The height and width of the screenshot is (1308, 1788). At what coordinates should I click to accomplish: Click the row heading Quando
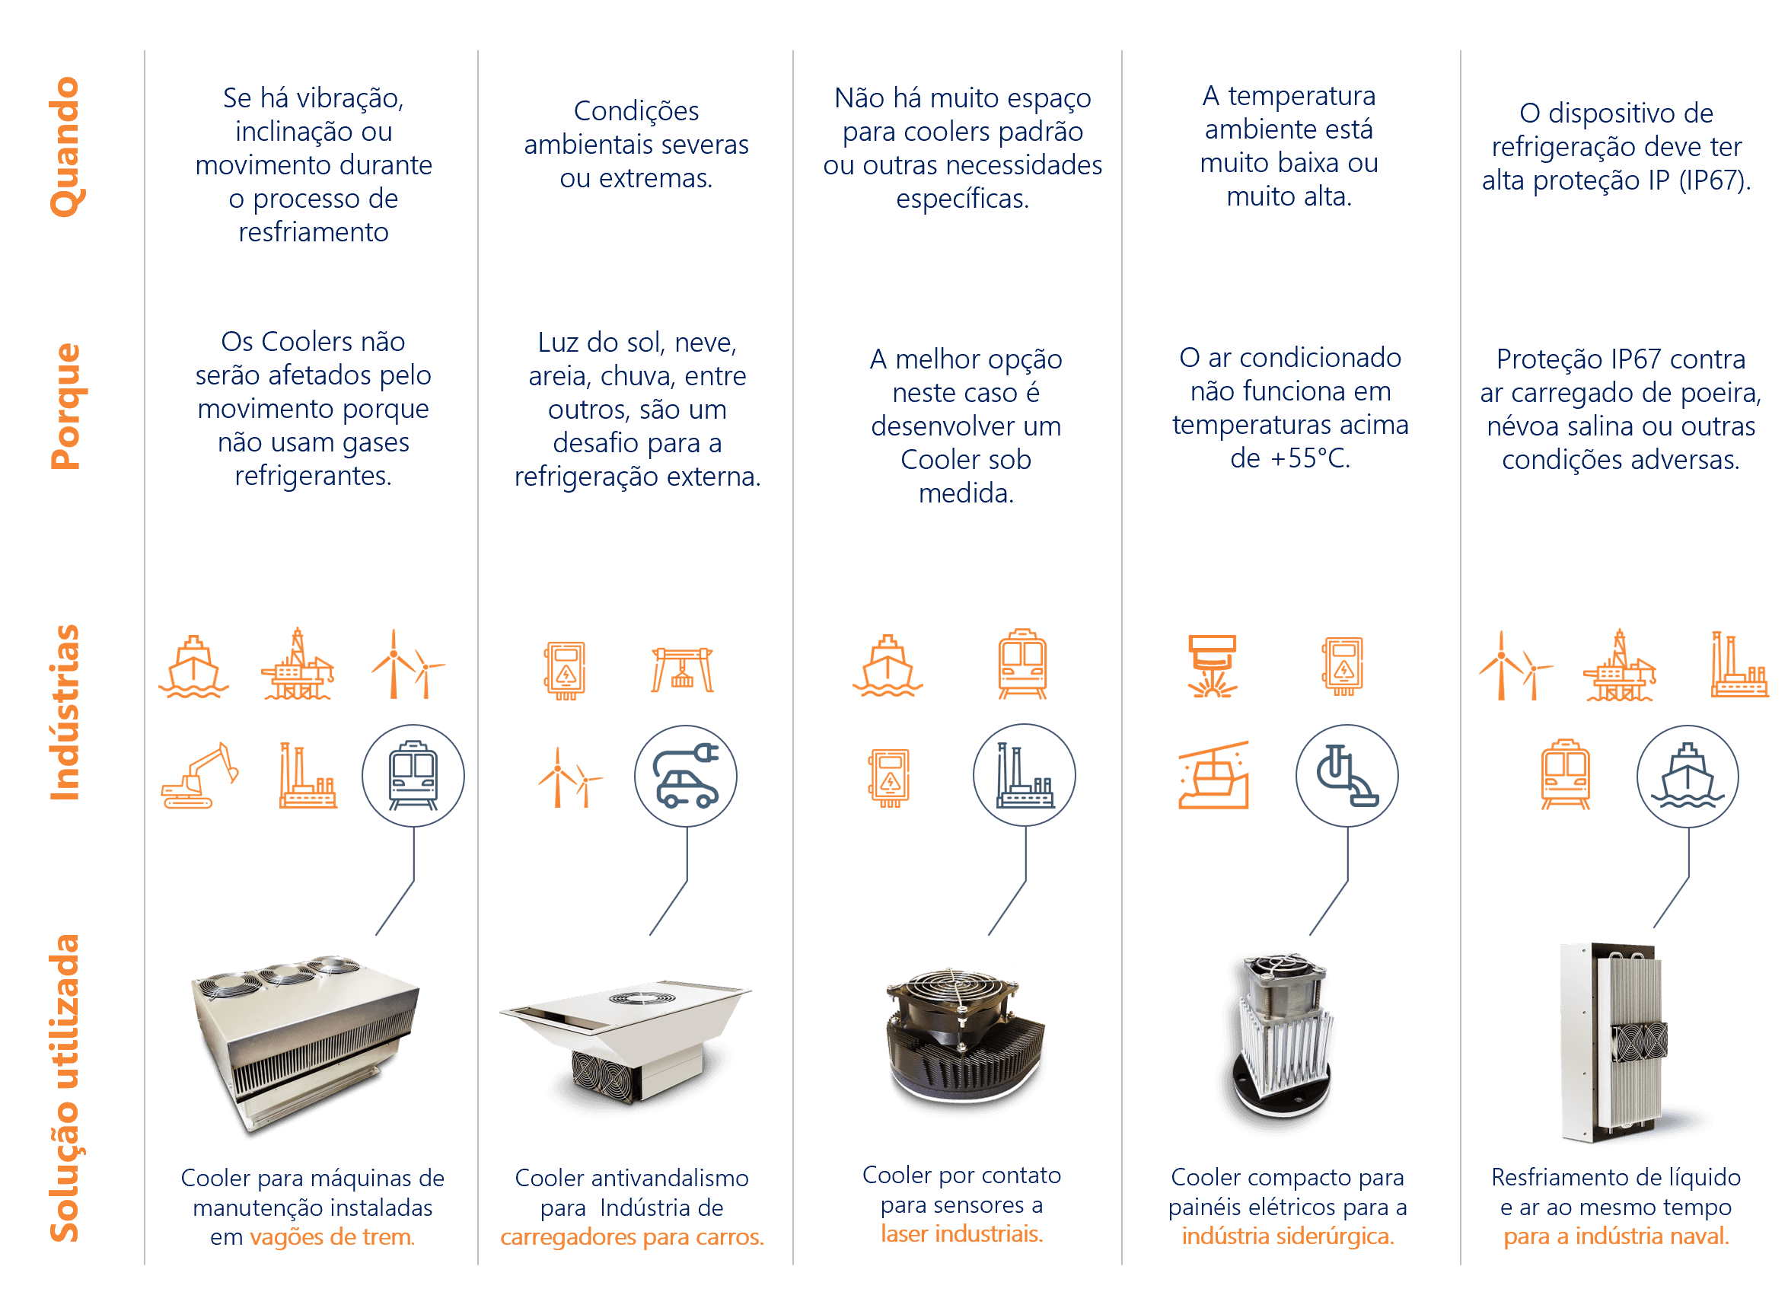pos(66,147)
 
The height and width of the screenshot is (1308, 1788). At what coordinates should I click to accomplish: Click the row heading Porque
pos(66,406)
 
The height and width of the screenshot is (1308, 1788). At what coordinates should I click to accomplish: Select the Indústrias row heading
pos(65,713)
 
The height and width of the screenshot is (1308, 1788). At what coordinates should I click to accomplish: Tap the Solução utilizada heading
pos(65,1088)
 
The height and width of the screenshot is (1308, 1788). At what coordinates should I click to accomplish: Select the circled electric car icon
pos(686,776)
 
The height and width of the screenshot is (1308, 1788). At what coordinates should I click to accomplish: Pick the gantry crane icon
pos(682,670)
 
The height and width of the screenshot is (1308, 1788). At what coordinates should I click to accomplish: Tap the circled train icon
pos(413,776)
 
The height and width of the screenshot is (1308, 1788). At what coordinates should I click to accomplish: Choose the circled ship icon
pos(1688,776)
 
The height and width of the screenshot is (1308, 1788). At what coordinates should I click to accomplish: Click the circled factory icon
pos(1025,776)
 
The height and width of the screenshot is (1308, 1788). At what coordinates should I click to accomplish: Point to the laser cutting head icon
pos(1212,666)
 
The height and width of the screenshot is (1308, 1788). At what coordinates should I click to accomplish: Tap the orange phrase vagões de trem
pos(333,1236)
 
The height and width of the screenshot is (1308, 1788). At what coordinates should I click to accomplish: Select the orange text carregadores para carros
pos(632,1236)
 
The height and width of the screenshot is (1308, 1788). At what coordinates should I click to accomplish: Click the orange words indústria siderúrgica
pos(1288,1236)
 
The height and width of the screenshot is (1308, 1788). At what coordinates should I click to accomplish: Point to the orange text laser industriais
pos(961,1233)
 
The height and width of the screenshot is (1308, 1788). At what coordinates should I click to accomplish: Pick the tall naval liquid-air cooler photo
pos(1613,1042)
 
